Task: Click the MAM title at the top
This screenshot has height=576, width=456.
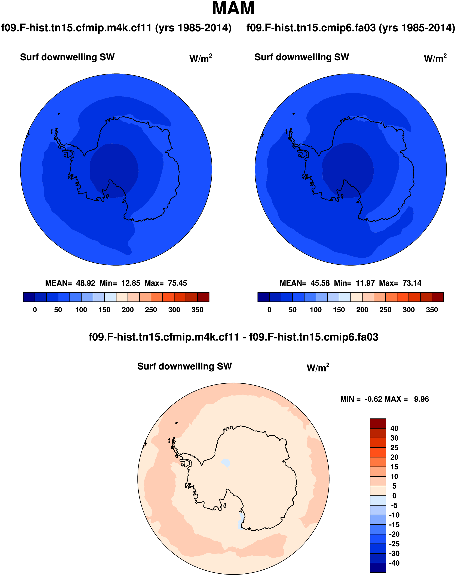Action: pos(233,9)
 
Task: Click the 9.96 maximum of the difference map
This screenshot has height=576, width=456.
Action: pos(421,399)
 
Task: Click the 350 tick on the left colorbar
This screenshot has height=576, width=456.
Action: pos(197,310)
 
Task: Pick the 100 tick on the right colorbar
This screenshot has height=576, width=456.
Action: pos(316,310)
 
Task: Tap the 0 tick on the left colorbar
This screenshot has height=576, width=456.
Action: pos(35,310)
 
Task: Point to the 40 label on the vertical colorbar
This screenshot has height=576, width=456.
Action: pos(394,428)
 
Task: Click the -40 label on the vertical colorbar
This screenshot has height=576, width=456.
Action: pos(394,563)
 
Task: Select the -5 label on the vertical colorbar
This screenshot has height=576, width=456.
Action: pos(394,505)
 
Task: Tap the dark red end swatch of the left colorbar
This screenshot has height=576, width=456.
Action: pos(203,297)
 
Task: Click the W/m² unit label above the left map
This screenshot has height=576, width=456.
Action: pos(201,58)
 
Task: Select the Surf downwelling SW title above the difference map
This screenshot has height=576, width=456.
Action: pos(184,366)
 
